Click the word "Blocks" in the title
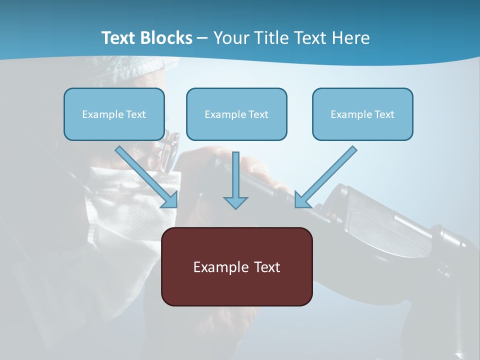167,38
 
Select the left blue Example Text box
114,114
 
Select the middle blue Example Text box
236,114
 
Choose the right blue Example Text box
362,114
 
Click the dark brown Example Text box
236,266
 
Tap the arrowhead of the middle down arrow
235,202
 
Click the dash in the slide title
202,38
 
